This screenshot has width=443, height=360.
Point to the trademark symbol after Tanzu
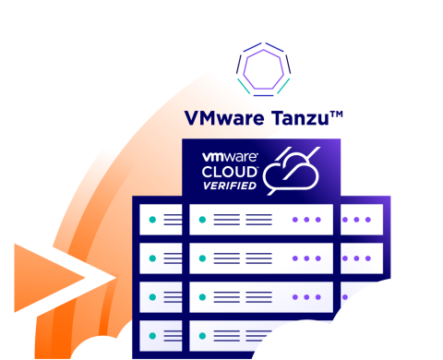coord(338,114)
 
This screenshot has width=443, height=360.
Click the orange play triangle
coord(46,277)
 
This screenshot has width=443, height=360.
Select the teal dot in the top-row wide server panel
coord(202,220)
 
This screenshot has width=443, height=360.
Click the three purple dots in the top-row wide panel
coord(307,220)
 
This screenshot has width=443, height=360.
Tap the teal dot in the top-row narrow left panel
coord(152,220)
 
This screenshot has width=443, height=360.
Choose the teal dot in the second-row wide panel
coord(202,258)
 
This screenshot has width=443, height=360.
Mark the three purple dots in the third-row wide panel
coord(307,297)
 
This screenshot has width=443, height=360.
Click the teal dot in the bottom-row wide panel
coord(202,336)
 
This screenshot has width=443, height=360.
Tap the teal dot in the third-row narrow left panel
coord(152,297)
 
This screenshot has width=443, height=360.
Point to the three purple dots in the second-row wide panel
coord(307,258)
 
